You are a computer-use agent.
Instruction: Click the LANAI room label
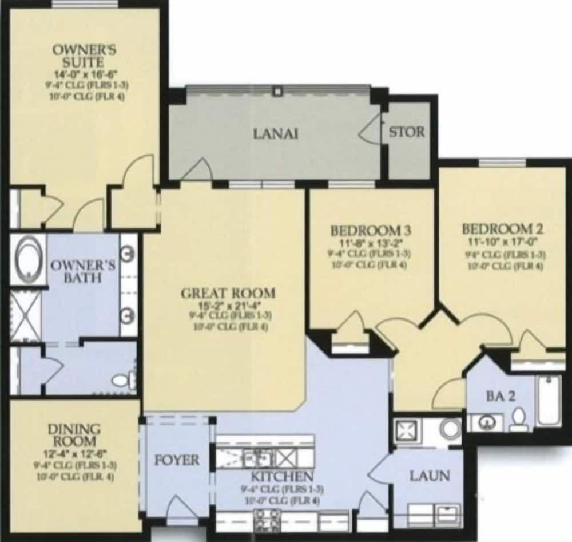pos(276,134)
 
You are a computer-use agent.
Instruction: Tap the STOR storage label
pos(407,132)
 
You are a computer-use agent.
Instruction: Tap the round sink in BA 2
pos(488,423)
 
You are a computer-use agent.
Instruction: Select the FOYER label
pos(177,460)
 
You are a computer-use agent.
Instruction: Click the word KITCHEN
pos(281,477)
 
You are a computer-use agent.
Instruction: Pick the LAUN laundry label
pos(428,476)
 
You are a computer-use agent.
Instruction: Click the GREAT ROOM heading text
pos(228,294)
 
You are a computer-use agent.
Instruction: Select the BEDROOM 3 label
pos(371,231)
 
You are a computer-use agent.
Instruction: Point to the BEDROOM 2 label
pos(503,229)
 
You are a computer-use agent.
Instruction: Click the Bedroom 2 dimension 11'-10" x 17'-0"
pos(503,242)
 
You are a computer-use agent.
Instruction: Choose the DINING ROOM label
pos(74,435)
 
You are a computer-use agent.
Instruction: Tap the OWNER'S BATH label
pos(83,271)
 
